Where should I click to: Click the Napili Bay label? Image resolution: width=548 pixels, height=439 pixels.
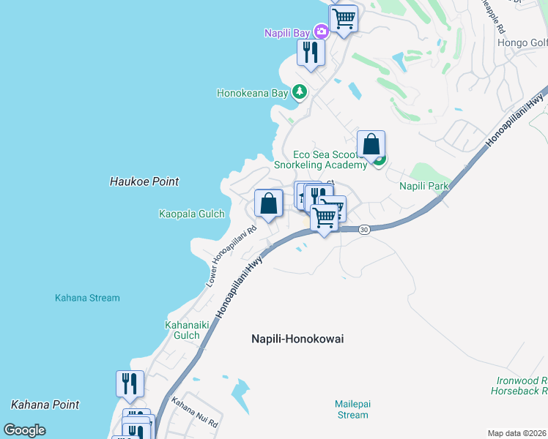[x=287, y=32]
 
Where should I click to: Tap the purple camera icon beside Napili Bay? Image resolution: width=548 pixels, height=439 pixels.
[x=321, y=31]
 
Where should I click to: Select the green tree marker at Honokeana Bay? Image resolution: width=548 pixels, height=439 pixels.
[x=299, y=92]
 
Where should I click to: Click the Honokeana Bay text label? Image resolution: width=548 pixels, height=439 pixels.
[x=253, y=93]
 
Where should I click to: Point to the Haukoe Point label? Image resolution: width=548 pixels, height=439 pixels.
[x=144, y=181]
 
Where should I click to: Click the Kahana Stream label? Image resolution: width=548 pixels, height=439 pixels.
[x=87, y=298]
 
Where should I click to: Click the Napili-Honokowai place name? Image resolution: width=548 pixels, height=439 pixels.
[x=297, y=339]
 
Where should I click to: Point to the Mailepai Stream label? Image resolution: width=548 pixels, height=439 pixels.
[x=352, y=409]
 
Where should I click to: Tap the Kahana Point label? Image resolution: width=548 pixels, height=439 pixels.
[x=45, y=404]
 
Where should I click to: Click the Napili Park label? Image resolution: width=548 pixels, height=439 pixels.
[x=423, y=186]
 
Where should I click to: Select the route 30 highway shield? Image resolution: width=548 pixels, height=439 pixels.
[x=363, y=230]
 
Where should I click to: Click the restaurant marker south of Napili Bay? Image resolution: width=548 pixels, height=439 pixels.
[x=311, y=53]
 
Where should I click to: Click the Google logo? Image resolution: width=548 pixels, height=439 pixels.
[x=24, y=430]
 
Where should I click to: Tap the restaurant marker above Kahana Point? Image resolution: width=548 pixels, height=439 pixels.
[x=130, y=384]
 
